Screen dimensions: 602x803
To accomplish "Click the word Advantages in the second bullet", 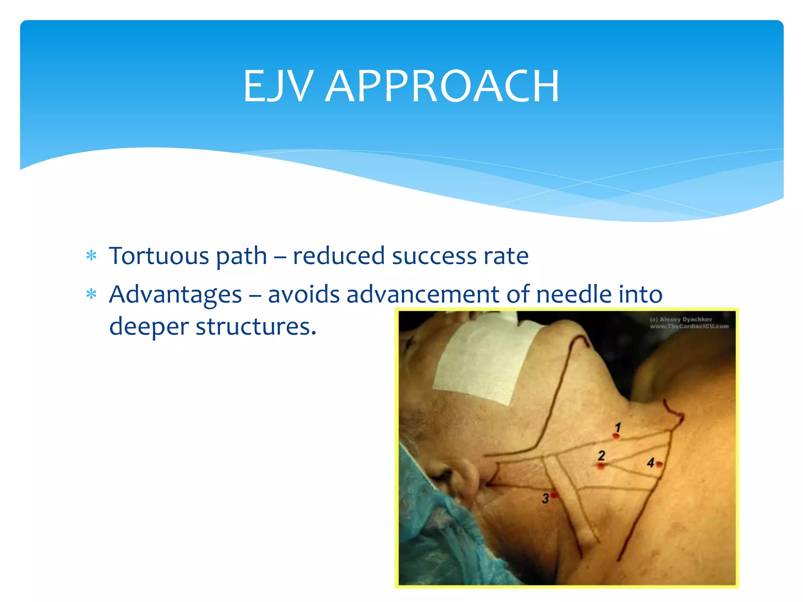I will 175,294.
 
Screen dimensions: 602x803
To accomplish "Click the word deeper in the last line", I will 149,326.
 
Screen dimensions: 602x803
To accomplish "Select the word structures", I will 256,326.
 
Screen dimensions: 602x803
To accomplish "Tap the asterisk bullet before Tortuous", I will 91,256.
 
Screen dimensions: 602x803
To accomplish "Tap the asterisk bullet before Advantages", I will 91,294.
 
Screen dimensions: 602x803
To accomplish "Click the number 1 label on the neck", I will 618,427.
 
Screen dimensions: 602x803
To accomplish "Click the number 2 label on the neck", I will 601,455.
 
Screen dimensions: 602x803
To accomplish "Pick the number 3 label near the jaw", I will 545,499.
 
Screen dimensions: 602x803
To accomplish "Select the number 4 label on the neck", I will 650,463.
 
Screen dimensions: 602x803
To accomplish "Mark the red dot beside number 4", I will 659,464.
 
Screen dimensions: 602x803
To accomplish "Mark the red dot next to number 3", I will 554,495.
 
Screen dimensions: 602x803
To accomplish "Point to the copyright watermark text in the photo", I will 689,323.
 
